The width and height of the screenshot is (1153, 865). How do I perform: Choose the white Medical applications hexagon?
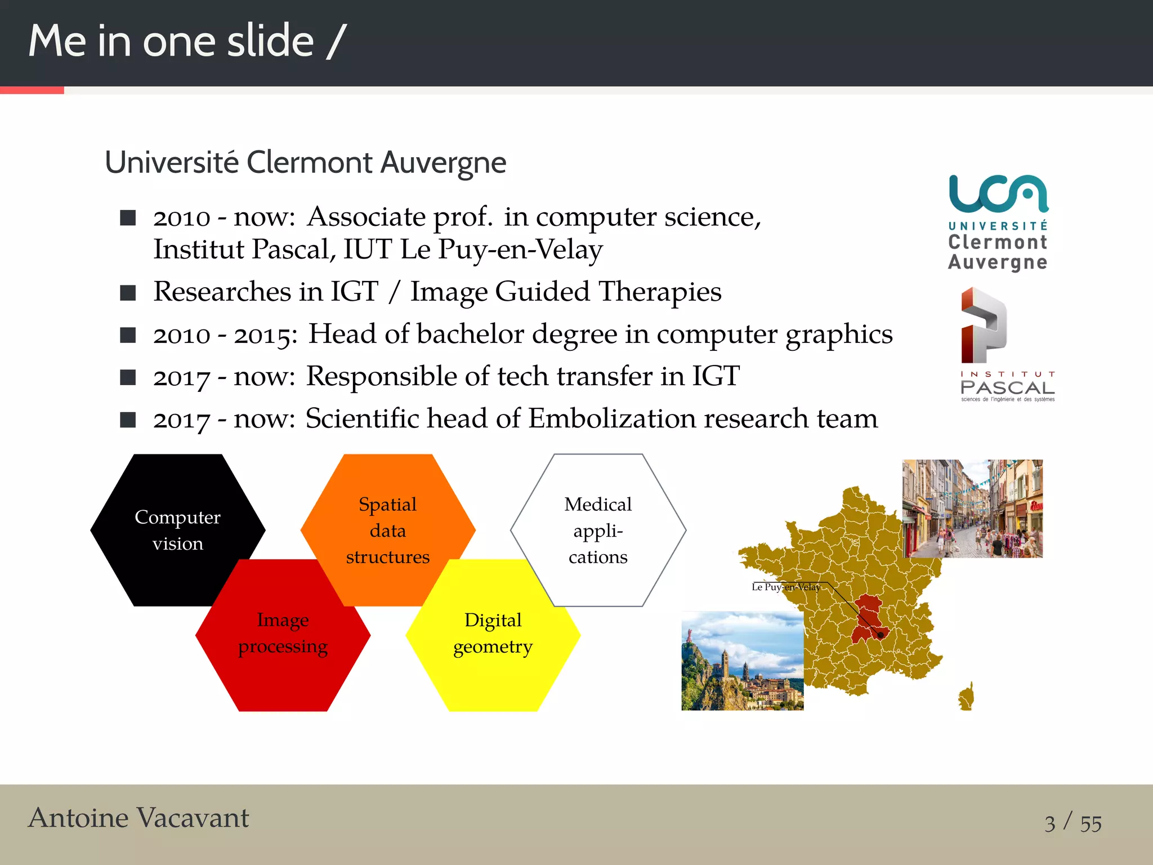click(x=598, y=530)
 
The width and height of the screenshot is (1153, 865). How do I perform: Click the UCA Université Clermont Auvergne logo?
click(x=998, y=223)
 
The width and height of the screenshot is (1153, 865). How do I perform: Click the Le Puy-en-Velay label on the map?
click(x=786, y=587)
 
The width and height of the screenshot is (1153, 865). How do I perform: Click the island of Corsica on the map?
click(x=967, y=697)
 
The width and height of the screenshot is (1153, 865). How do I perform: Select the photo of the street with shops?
click(x=972, y=509)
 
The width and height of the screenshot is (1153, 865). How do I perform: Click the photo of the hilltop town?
click(x=742, y=661)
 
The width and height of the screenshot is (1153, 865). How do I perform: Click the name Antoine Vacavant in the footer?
click(x=138, y=818)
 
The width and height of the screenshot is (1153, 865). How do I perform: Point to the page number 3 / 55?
click(x=1072, y=823)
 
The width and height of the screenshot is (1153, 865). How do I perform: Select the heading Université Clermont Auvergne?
click(x=306, y=163)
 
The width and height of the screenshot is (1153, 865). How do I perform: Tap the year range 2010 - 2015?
click(x=225, y=335)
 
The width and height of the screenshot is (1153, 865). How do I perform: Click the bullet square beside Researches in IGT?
click(x=128, y=293)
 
